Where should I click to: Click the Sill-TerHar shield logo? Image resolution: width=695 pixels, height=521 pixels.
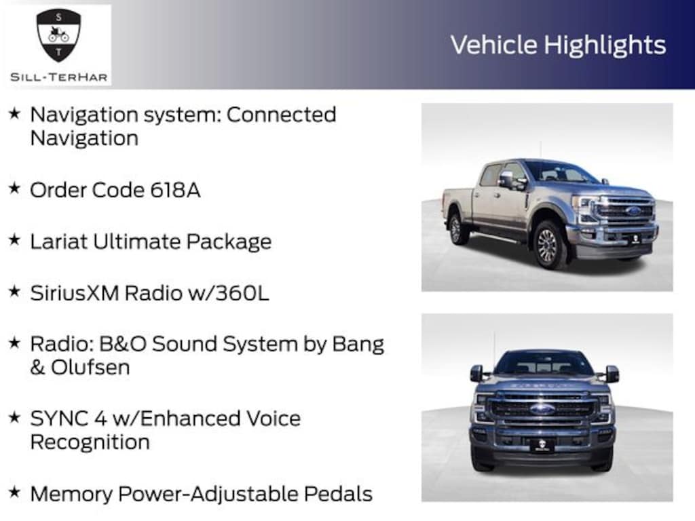click(x=58, y=35)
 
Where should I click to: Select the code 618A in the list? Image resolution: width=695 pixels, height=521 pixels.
click(x=174, y=190)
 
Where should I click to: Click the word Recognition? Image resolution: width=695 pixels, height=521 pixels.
click(x=89, y=442)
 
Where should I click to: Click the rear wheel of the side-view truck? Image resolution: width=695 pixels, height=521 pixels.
click(x=457, y=228)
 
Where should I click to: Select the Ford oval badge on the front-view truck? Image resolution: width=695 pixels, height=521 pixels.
click(x=542, y=408)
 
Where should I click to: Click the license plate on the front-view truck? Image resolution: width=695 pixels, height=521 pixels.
click(x=542, y=445)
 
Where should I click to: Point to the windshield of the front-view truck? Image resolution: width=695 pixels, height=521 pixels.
click(x=543, y=364)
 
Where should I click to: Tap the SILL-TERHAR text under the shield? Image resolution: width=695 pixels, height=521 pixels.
click(x=58, y=77)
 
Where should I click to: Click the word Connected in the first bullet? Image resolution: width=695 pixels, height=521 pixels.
click(x=281, y=114)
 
